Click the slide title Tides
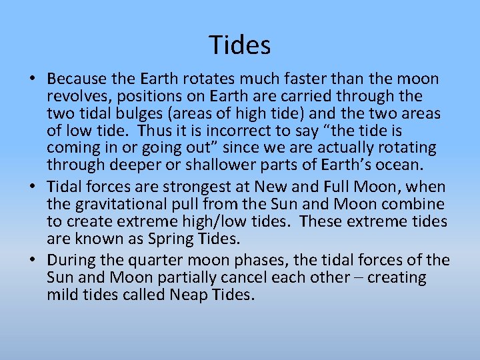tap(240, 45)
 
